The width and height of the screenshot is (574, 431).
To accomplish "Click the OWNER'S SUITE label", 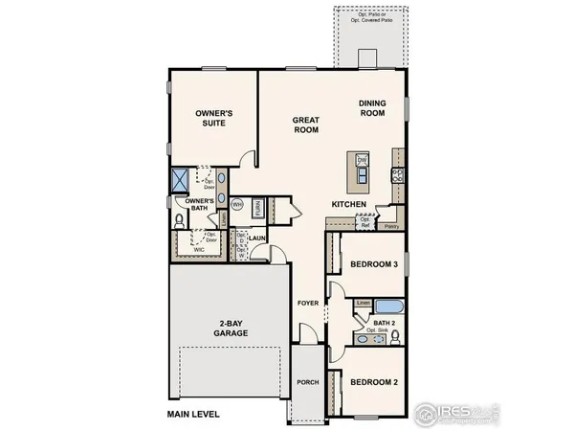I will (215, 118).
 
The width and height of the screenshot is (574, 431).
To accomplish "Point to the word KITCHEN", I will (346, 205).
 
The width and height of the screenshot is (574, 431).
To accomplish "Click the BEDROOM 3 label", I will (372, 263).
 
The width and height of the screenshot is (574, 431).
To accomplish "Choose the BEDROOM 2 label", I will (372, 382).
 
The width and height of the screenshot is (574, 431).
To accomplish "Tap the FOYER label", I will (307, 303).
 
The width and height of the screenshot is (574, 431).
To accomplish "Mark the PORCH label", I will (308, 382).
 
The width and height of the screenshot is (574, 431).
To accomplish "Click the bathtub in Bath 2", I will (389, 307).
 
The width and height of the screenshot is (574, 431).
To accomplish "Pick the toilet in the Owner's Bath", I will (179, 219).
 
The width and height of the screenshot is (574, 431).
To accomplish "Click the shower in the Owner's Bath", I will (178, 178).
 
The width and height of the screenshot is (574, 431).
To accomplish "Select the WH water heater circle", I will (238, 203).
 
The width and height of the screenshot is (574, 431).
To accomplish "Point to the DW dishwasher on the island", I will (362, 159).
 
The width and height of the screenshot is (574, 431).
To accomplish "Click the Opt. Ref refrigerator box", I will (364, 221).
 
